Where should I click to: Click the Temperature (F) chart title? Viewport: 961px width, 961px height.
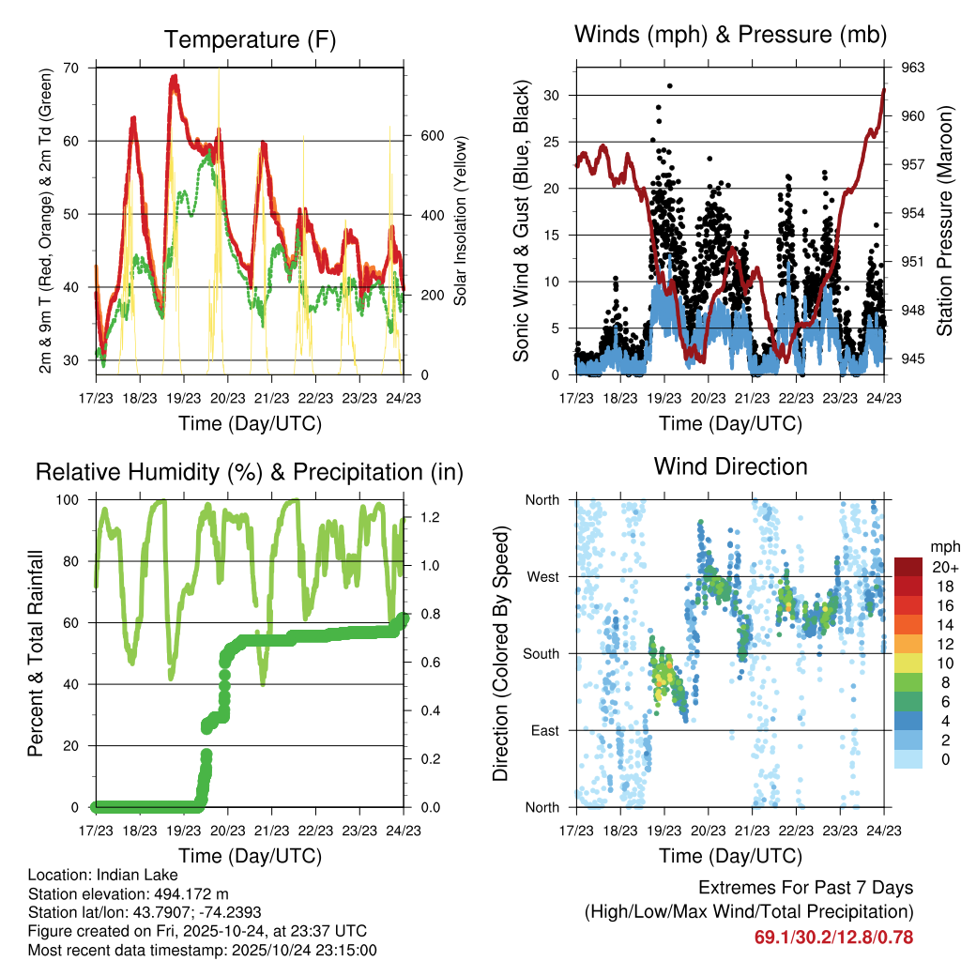pos(250,39)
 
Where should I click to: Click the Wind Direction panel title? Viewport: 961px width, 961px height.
pos(730,466)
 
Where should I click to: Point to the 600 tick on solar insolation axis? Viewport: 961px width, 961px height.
pos(431,135)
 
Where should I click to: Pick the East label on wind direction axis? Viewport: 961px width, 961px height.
pos(544,730)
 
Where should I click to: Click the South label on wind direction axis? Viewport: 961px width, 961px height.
pos(541,653)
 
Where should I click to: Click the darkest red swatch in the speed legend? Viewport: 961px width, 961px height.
pos(908,567)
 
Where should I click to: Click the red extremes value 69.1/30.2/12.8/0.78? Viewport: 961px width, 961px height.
pos(833,937)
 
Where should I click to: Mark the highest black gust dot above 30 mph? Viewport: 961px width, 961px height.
pos(669,85)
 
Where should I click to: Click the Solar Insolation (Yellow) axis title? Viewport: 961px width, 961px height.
pos(461,221)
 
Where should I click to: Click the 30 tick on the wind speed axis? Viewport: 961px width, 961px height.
pos(552,95)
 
